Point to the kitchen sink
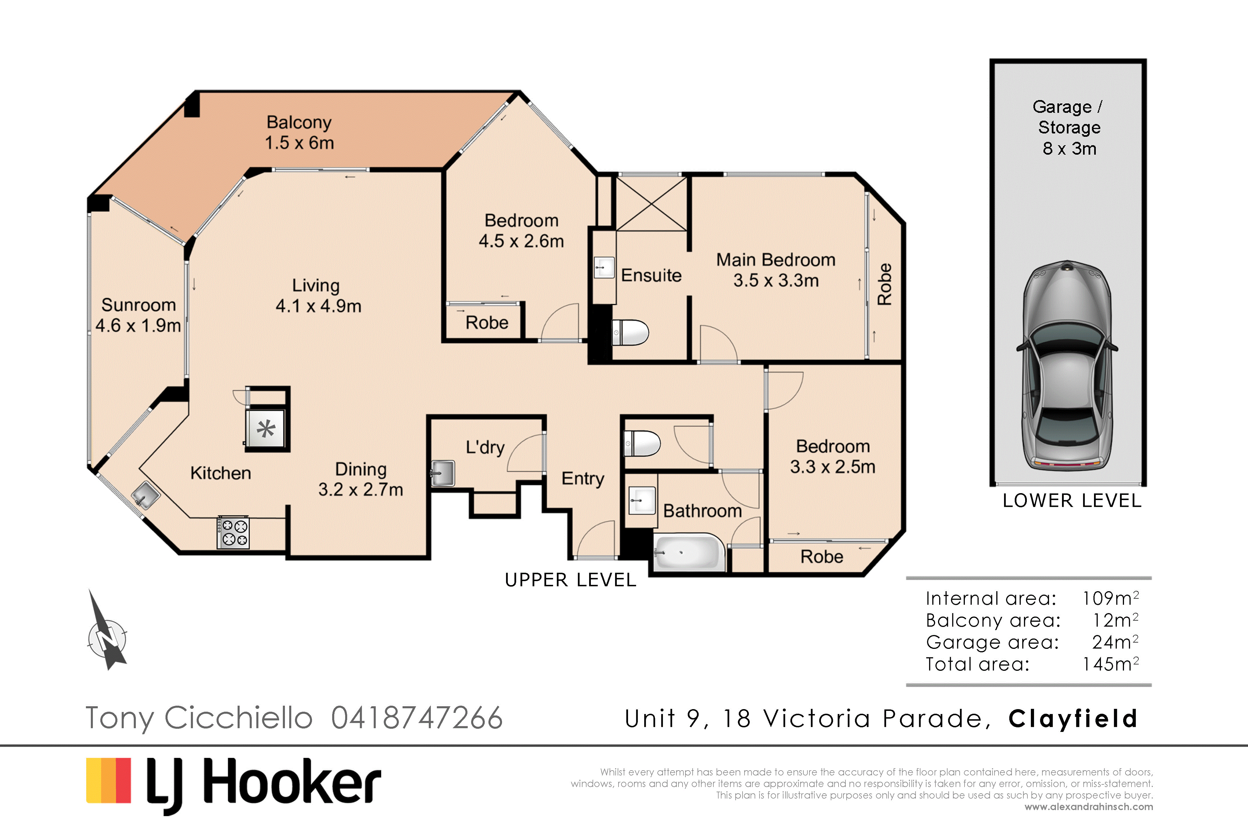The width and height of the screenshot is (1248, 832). [145, 495]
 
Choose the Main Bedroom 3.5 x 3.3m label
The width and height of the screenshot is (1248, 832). [776, 270]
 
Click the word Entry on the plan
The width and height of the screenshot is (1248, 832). [583, 479]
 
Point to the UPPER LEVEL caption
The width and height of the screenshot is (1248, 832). [570, 580]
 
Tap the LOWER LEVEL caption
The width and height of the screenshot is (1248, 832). [1072, 500]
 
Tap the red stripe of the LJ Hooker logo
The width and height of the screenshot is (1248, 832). [123, 781]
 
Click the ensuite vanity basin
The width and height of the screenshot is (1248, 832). [604, 267]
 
